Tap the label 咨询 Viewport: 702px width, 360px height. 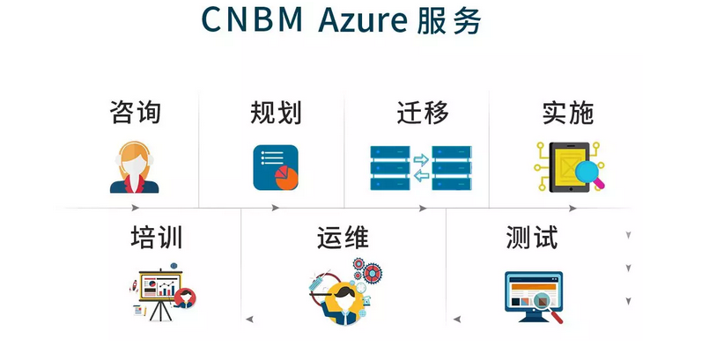coord(135,112)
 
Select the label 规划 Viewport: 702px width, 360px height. coord(276,112)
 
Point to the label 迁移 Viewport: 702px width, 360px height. coord(422,112)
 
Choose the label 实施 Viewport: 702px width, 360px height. coord(567,112)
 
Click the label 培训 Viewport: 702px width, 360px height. coord(156,238)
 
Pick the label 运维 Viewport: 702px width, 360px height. coord(343,238)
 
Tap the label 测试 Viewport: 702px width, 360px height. coord(532,238)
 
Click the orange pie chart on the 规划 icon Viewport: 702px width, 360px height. coord(285,176)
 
